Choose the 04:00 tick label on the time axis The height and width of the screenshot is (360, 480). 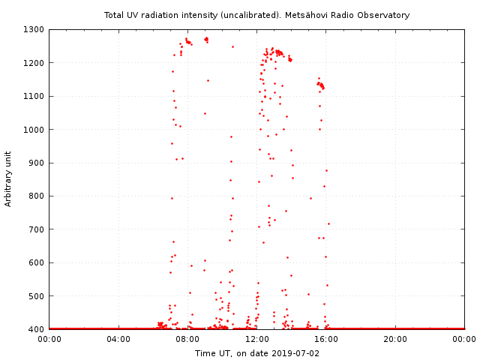[118, 339]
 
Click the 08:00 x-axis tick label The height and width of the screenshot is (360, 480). [187, 339]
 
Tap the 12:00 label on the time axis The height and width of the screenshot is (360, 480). [257, 339]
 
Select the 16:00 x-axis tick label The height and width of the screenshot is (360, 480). [326, 339]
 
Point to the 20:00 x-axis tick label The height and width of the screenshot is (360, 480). [395, 339]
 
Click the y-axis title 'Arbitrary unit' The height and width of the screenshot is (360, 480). [9, 179]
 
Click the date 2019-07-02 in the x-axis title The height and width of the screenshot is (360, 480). [295, 352]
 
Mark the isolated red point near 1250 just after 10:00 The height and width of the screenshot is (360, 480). [232, 46]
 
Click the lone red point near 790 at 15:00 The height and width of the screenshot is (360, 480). [310, 198]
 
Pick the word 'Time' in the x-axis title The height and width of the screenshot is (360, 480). [205, 352]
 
